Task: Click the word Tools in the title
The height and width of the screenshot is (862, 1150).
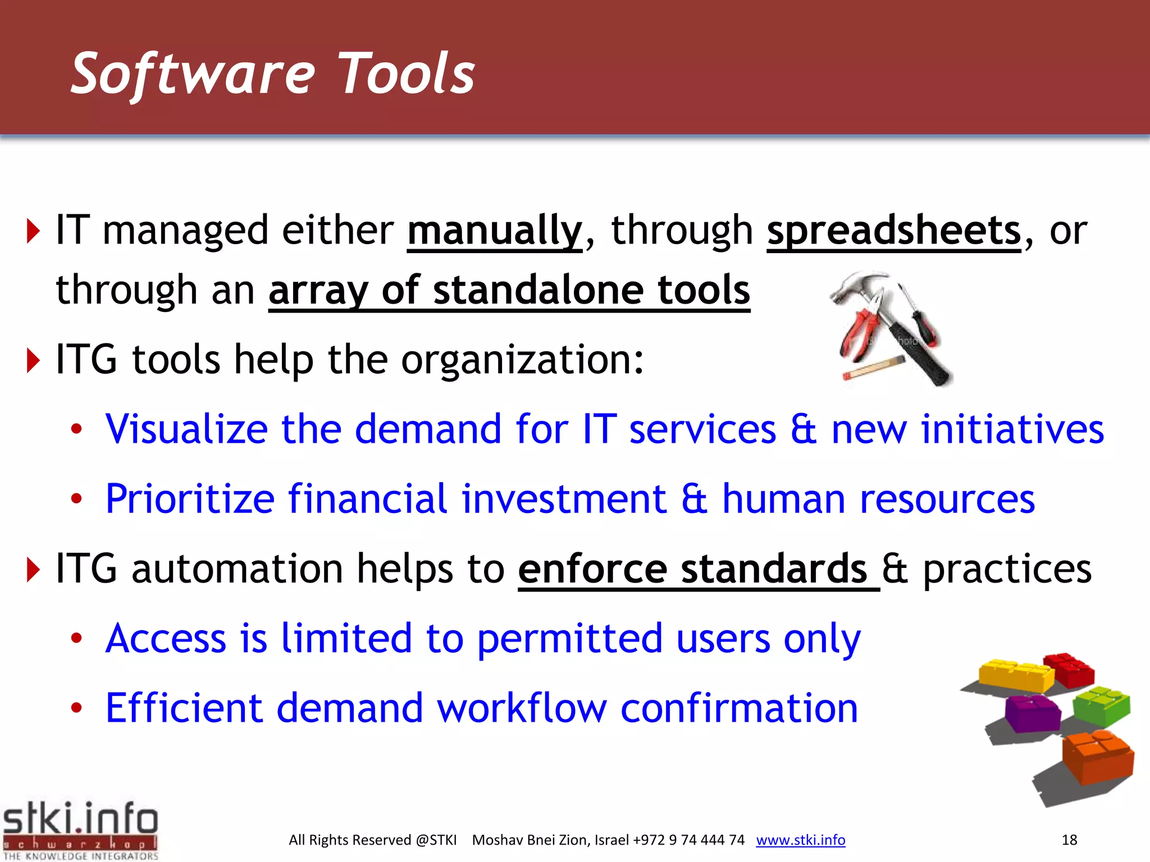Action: (407, 74)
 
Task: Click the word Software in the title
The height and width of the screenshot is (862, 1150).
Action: (193, 74)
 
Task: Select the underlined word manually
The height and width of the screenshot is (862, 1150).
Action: (494, 231)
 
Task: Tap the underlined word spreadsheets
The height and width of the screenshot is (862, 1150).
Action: (893, 231)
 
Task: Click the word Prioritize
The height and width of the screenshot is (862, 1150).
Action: (190, 499)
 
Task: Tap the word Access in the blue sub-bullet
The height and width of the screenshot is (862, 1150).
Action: (166, 639)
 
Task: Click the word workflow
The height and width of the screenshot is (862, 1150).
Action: (522, 708)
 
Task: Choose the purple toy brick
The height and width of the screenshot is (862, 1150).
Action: (1032, 713)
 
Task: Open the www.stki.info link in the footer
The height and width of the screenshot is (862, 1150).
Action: (800, 840)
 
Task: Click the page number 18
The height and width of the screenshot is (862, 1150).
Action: (1069, 840)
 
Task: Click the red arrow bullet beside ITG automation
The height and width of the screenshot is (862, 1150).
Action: (34, 570)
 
